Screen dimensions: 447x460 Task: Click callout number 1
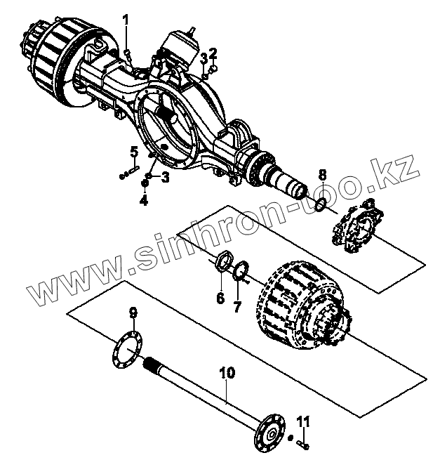pyautogui.click(x=127, y=20)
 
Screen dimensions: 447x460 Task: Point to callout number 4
pyautogui.click(x=144, y=199)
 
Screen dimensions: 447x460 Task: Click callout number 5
pyautogui.click(x=133, y=152)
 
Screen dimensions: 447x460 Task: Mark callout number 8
pyautogui.click(x=321, y=174)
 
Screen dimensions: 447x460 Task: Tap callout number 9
pyautogui.click(x=133, y=313)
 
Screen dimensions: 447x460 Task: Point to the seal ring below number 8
pyautogui.click(x=319, y=204)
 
